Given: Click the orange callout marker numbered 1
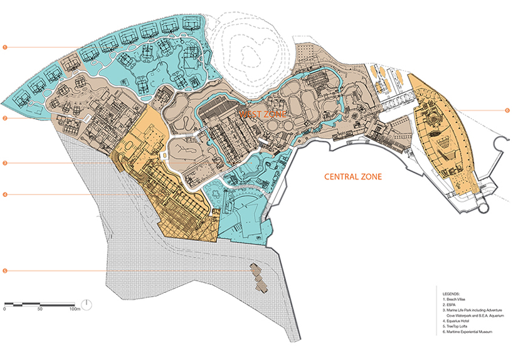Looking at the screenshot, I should tap(4, 47).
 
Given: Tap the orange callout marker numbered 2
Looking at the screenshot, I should tap(4, 117).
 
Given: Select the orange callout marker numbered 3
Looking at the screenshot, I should tap(4, 163).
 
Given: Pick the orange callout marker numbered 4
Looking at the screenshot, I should tap(4, 195).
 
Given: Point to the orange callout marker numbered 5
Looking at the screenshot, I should tap(4, 271).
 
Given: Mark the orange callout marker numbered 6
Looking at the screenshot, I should tap(507, 111).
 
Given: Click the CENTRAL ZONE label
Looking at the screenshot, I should tap(352, 177).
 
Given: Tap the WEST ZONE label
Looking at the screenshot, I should tap(263, 115).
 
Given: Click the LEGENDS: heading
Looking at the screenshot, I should tap(452, 293).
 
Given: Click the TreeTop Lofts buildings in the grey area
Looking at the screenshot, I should tap(259, 277).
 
